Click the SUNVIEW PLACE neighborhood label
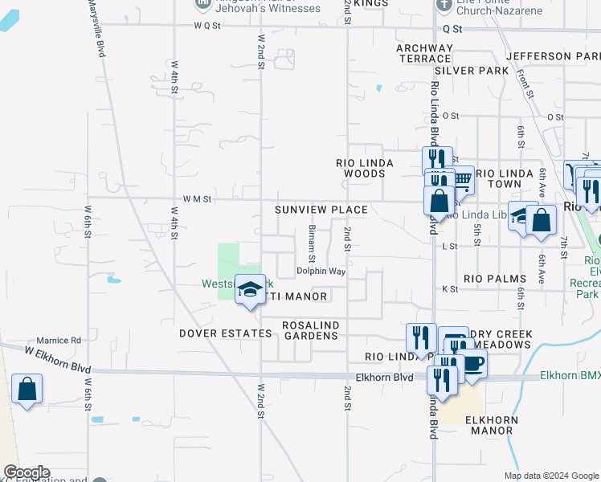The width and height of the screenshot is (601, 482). (321, 210)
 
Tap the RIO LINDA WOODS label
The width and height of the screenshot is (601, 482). (364, 168)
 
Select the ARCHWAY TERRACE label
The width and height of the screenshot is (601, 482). (423, 53)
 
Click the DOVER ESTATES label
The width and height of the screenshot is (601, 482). (225, 333)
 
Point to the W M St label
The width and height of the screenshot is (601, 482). (196, 198)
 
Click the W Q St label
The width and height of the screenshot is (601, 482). (206, 25)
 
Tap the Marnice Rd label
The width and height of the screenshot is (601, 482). (59, 341)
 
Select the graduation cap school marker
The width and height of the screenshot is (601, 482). (250, 288)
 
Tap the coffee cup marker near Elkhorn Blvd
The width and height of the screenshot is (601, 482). (472, 362)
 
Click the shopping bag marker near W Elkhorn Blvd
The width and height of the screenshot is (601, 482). (27, 390)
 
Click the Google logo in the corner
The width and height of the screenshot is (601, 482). (27, 472)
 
